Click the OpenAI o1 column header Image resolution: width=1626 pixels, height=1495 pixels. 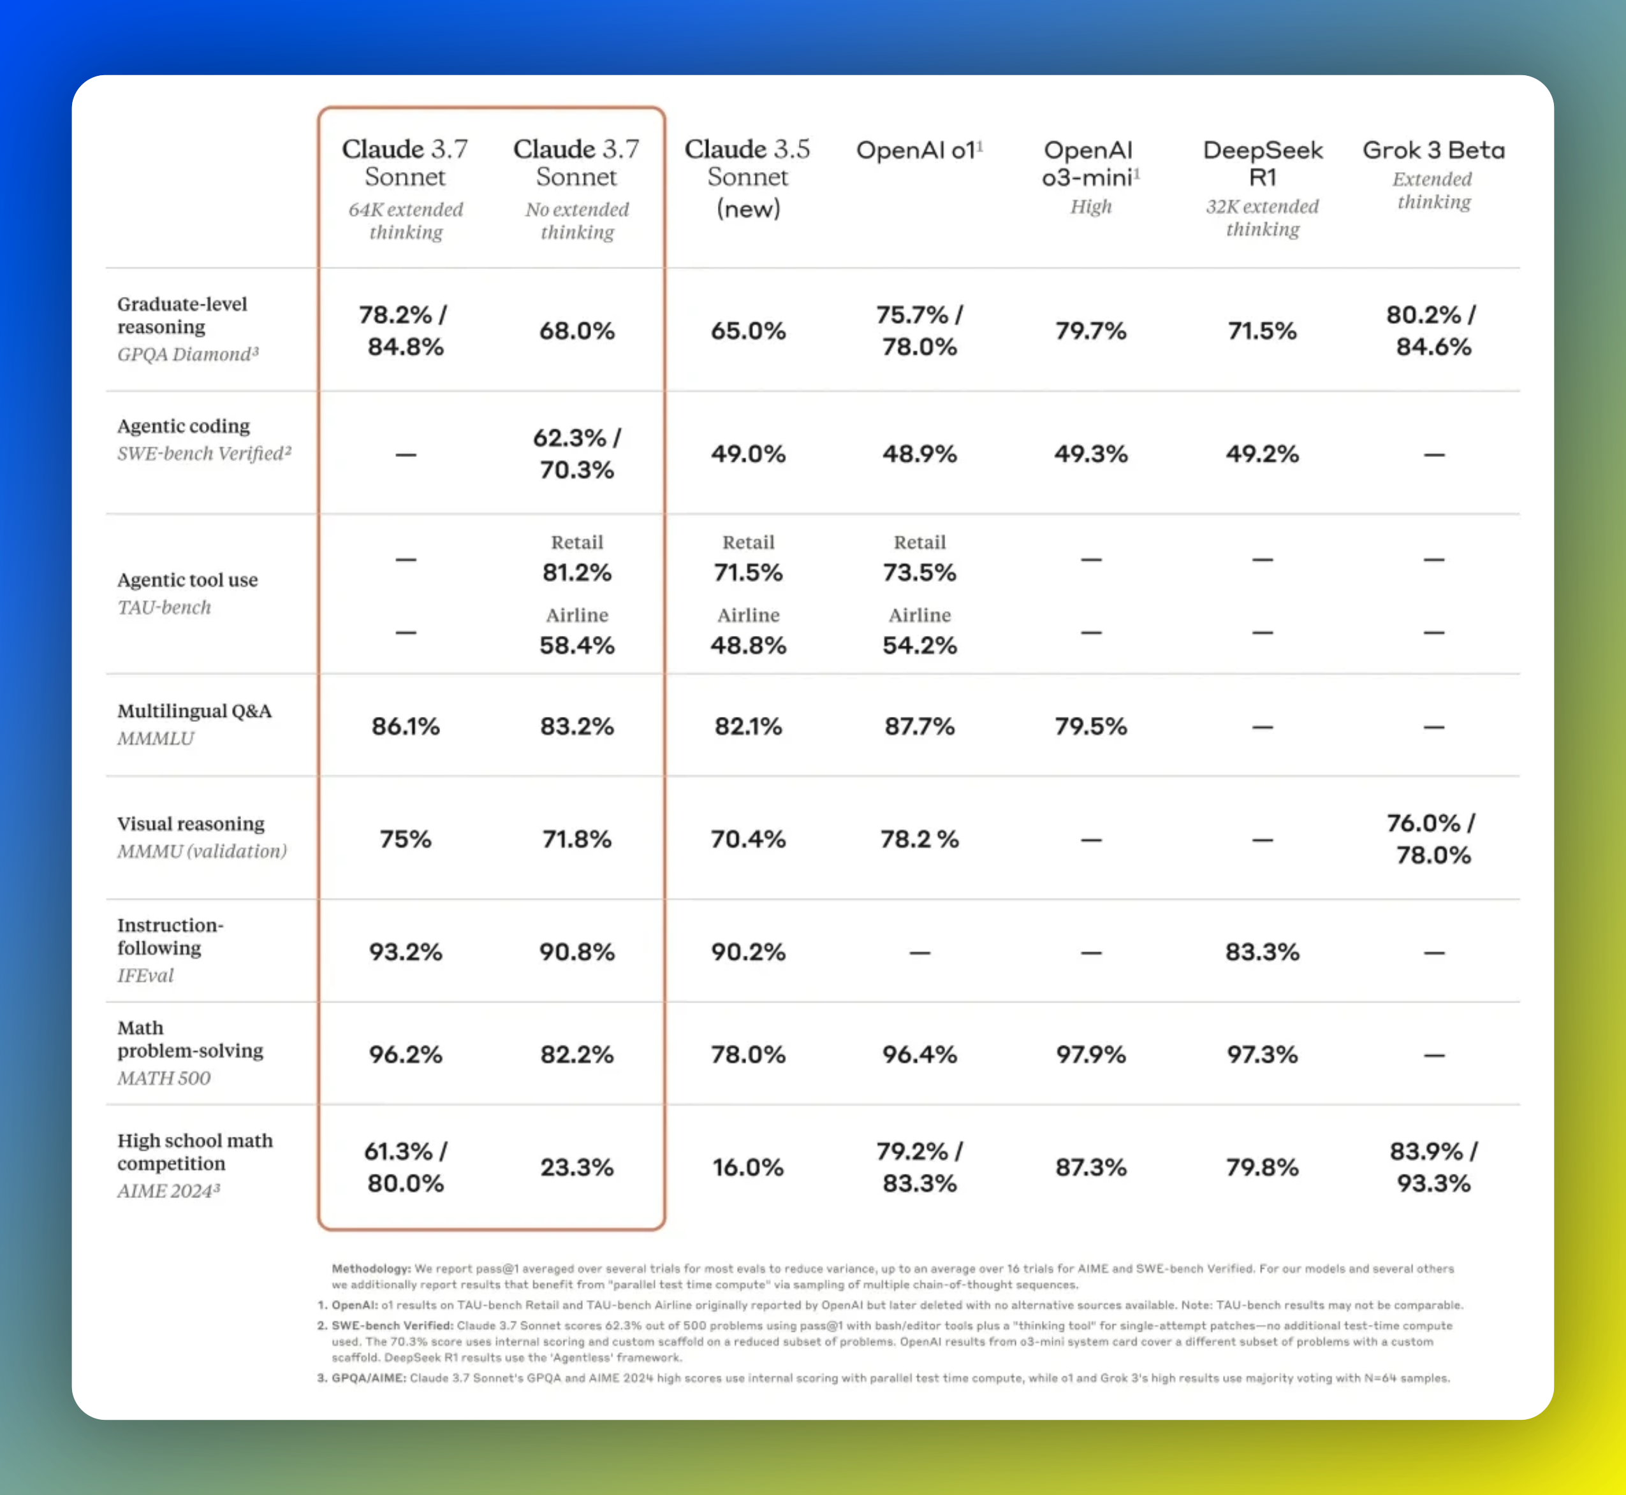coord(919,150)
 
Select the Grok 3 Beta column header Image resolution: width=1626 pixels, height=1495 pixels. coord(1433,150)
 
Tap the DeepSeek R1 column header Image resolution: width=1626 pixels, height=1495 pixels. coord(1262,163)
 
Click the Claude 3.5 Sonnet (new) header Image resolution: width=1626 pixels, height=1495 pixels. coord(747,177)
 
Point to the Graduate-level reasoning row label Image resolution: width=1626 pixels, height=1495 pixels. coord(182,315)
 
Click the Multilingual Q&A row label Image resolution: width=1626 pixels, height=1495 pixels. coord(194,711)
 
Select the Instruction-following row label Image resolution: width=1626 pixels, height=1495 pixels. coord(170,936)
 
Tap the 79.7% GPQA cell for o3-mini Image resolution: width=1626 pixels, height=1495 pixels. coord(1090,331)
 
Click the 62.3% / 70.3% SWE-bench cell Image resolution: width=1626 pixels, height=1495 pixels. coord(577,454)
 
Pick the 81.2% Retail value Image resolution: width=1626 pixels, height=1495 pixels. coord(577,573)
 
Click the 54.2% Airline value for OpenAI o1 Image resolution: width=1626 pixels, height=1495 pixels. coord(919,646)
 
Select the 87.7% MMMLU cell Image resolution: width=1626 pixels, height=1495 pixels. coord(919,726)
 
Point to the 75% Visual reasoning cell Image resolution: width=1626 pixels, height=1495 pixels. coord(406,839)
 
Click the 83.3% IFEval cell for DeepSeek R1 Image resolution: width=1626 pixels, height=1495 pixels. coord(1262,952)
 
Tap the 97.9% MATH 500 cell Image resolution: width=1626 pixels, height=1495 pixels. coord(1090,1055)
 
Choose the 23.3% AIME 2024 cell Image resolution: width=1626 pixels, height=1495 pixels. coord(577,1167)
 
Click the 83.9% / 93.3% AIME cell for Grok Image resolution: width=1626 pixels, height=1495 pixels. coord(1433,1167)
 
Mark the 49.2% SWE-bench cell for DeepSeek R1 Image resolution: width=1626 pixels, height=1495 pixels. coord(1262,454)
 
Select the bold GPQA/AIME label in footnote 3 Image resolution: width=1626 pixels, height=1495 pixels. coord(369,1378)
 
